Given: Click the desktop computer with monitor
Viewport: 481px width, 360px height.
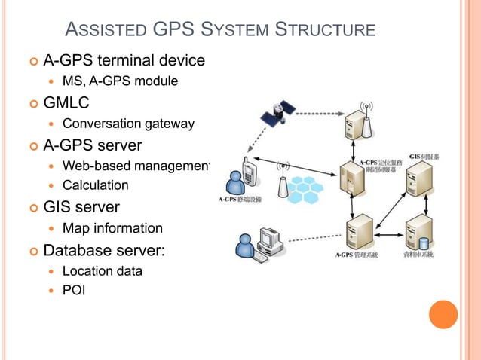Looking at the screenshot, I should (x=267, y=240).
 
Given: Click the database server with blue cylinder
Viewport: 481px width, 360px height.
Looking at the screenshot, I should (x=418, y=234).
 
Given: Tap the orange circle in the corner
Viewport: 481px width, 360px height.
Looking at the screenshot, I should (x=443, y=314).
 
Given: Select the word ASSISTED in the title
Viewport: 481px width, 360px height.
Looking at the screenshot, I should (x=106, y=31).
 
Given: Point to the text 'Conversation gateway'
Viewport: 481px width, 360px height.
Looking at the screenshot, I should (x=128, y=124).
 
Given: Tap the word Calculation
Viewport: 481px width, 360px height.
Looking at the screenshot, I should (x=95, y=185).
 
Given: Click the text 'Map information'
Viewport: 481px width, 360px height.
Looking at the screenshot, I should (x=112, y=228).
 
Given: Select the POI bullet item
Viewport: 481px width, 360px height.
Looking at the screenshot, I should (x=74, y=289).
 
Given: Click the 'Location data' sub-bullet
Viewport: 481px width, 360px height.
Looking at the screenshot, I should (x=102, y=270).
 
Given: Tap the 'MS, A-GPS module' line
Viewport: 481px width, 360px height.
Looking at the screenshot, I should (x=120, y=81).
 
